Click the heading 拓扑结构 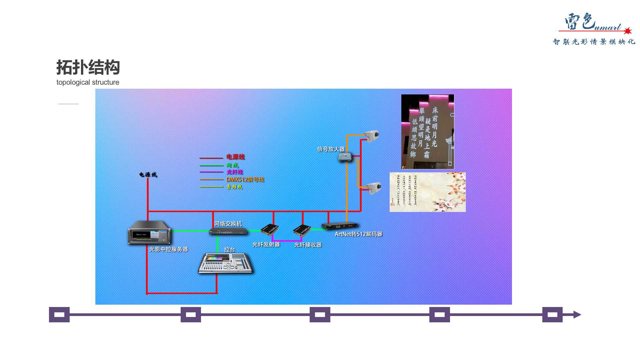click(x=88, y=67)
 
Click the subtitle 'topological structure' click(x=88, y=82)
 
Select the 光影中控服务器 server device click(x=149, y=232)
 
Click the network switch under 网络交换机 click(x=228, y=231)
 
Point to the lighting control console click(x=225, y=264)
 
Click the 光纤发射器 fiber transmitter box click(x=269, y=230)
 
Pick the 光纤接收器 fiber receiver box click(x=302, y=230)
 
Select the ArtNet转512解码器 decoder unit click(x=340, y=226)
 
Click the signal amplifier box click(x=345, y=156)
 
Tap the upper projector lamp click(x=372, y=135)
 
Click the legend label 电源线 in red click(x=236, y=157)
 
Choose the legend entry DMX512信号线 click(x=245, y=180)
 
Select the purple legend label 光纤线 click(x=235, y=172)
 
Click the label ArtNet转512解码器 click(x=358, y=234)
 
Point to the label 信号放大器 click(x=331, y=149)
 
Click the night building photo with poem click(x=427, y=132)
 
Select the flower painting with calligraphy click(x=427, y=192)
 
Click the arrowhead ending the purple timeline click(x=577, y=315)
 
